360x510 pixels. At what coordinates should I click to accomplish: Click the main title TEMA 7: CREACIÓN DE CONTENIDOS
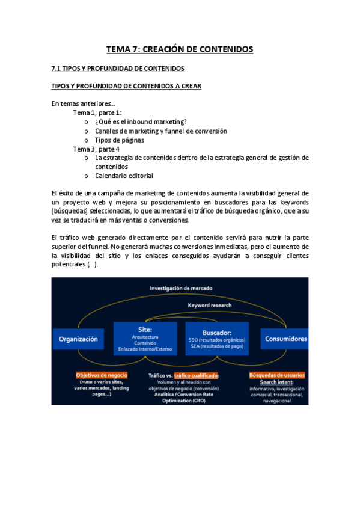180,49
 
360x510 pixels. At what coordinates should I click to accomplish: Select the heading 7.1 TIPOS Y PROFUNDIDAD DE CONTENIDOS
118,69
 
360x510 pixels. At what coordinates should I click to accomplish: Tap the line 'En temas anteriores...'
84,103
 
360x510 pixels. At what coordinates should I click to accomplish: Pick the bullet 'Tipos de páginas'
120,140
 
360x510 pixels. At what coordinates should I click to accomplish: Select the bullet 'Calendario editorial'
124,176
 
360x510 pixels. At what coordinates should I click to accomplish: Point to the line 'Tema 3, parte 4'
96,149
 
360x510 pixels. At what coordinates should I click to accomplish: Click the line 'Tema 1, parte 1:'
98,112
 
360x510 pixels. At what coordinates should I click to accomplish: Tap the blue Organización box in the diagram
78,339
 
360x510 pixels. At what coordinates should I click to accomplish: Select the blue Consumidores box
286,339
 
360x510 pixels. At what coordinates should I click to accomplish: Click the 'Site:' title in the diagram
145,330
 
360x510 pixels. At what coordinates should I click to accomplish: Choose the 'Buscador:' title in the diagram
217,332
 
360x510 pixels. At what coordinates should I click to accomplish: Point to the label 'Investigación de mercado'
181,288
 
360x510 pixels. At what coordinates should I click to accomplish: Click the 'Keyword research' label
209,306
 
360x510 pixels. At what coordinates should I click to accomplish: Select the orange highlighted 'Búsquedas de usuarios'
276,375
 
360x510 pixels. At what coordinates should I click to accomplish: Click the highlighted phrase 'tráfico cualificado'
196,375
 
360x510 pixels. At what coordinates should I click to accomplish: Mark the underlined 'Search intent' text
276,382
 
